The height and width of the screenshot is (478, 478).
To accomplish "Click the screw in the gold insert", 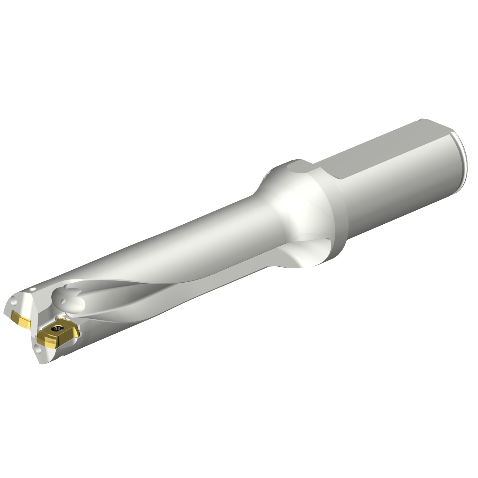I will pyautogui.click(x=58, y=329).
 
